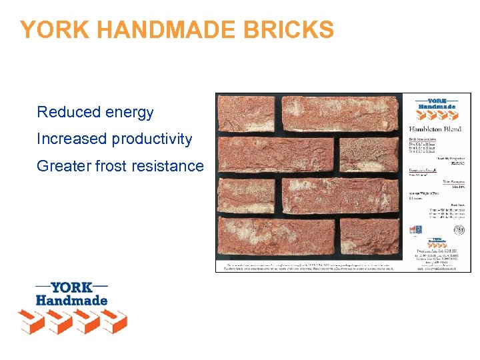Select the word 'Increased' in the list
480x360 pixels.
pos(72,139)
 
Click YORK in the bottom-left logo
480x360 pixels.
pos(71,288)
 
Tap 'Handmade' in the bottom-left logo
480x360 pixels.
pos(71,301)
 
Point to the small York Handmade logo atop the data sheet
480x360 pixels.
pos(437,103)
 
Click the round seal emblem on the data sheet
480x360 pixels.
pos(459,229)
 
